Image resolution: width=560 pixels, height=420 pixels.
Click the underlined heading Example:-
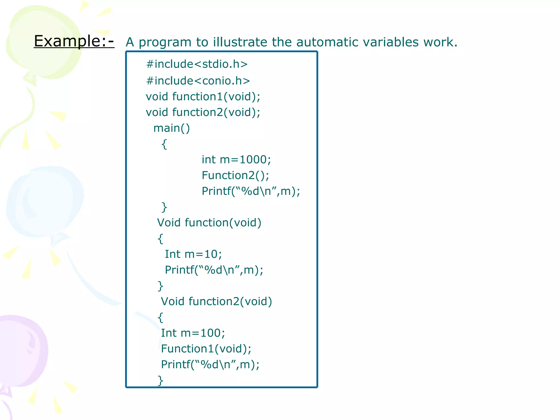click(74, 41)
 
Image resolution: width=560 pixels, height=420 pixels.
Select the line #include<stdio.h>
click(197, 64)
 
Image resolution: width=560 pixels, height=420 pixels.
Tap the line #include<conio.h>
click(198, 81)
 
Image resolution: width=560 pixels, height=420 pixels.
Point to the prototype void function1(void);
click(203, 97)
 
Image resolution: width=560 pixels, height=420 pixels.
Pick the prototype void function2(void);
click(203, 112)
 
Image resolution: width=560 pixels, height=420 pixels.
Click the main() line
click(171, 128)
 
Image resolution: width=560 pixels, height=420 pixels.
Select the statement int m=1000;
click(236, 160)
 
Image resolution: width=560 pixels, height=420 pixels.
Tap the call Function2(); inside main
click(235, 176)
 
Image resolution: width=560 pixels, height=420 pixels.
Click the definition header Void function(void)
click(209, 223)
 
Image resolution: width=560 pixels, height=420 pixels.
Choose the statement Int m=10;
click(193, 254)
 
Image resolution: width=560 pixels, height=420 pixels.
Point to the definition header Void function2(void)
click(216, 302)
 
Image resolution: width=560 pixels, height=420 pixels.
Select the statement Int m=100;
click(193, 333)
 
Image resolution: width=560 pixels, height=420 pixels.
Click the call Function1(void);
click(206, 349)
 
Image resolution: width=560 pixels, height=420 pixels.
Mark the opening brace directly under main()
click(164, 144)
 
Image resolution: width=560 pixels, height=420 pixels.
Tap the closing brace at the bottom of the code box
click(161, 380)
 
